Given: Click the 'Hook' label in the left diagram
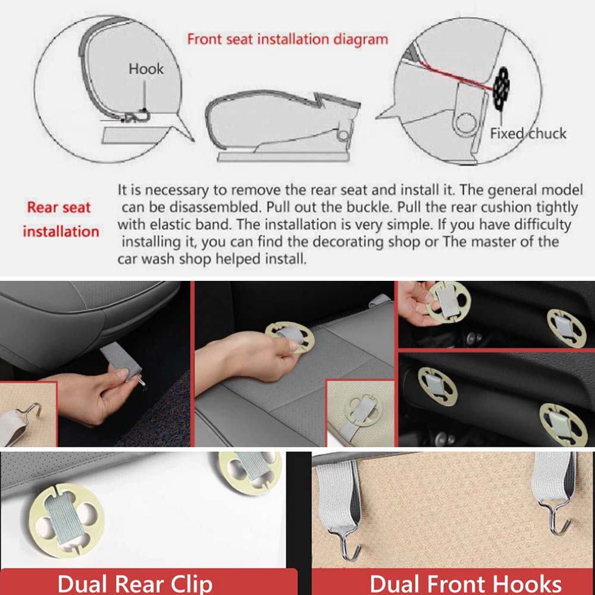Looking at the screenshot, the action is coord(146,69).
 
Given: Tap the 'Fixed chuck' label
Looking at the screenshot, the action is coord(528,133).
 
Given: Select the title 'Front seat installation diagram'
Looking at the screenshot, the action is coord(287,39).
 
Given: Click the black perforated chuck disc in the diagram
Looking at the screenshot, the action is coord(501,87).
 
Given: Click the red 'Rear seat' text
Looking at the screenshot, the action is coord(59,207).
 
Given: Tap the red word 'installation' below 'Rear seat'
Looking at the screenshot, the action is coord(61,231).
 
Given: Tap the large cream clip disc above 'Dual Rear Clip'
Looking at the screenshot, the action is coord(67,521).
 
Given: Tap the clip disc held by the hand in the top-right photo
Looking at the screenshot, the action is coord(448,302).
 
